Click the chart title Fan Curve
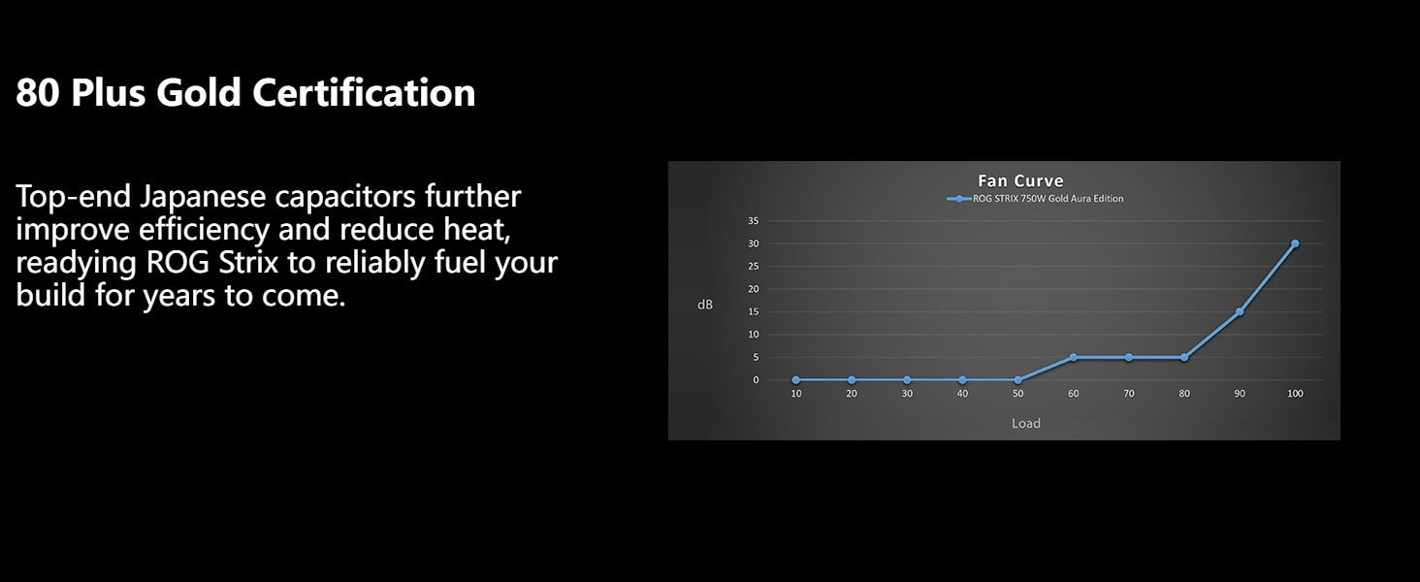click(1020, 181)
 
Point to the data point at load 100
click(1295, 243)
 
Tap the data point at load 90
click(1240, 312)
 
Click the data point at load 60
click(1073, 358)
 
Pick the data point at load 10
click(796, 380)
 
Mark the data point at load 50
click(1018, 380)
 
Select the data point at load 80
click(1184, 358)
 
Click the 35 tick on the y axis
click(753, 220)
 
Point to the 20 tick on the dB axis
click(753, 289)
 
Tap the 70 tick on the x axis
click(1128, 394)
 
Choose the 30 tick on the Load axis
click(907, 394)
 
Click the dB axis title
click(705, 305)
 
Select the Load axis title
click(1025, 423)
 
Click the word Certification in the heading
click(364, 92)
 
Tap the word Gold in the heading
click(199, 92)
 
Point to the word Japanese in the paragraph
click(203, 197)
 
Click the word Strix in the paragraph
click(248, 263)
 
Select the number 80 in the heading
click(38, 92)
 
